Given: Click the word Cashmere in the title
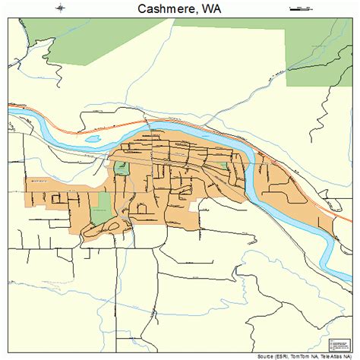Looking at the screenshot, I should click(163, 10).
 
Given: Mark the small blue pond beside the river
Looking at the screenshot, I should click(93, 140).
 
